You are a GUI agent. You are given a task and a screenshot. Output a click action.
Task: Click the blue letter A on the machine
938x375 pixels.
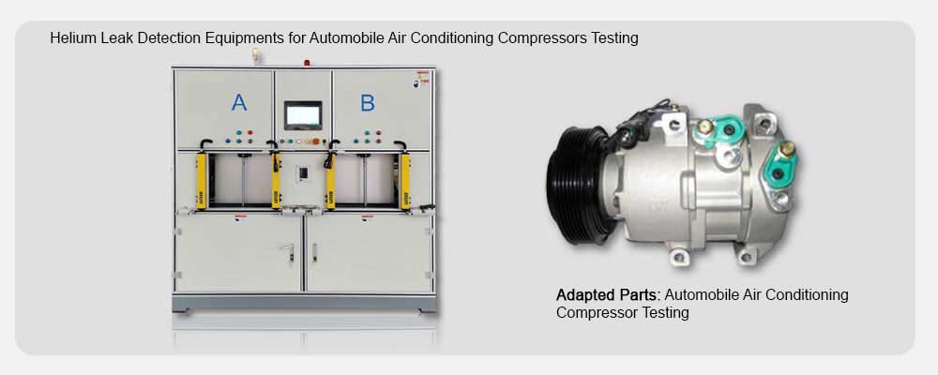(x=239, y=103)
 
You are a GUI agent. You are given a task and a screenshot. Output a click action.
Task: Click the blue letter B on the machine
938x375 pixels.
(x=368, y=103)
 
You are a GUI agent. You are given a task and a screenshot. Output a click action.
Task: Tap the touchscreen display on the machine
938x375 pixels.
(x=303, y=115)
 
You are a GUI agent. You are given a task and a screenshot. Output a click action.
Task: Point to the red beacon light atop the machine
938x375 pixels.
(x=307, y=62)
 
